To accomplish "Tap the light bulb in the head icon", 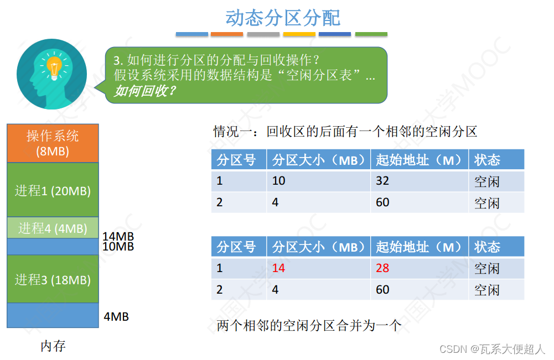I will pyautogui.click(x=53, y=67).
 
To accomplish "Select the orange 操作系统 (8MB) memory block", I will pyautogui.click(x=53, y=143).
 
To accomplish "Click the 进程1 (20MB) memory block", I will pyautogui.click(x=53, y=191).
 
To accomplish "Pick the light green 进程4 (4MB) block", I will pyautogui.click(x=53, y=228).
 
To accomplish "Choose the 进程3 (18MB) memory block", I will pyautogui.click(x=53, y=279).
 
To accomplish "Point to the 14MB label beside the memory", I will pyautogui.click(x=118, y=237).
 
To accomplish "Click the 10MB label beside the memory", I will pyautogui.click(x=118, y=247).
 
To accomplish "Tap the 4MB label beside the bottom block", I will pyautogui.click(x=116, y=317).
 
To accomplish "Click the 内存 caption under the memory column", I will pyautogui.click(x=53, y=346).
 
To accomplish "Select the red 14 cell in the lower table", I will pyautogui.click(x=278, y=268).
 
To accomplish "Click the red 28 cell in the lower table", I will pyautogui.click(x=382, y=268).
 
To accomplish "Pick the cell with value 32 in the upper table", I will pyautogui.click(x=382, y=181).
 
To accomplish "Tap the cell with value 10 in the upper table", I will pyautogui.click(x=278, y=181).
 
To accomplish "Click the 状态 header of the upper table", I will pyautogui.click(x=487, y=160).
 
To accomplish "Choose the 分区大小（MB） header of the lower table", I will pyautogui.click(x=319, y=247).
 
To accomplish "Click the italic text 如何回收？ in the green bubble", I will pyautogui.click(x=145, y=90).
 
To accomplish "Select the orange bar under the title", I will pyautogui.click(x=227, y=34).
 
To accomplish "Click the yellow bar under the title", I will pyautogui.click(x=299, y=34).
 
